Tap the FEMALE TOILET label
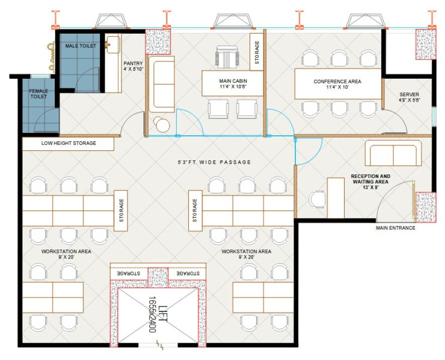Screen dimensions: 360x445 tap(39, 94)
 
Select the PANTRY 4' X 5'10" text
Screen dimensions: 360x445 tap(132, 66)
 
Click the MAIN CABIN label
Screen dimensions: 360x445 tap(232, 84)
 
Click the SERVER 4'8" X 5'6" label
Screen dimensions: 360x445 tap(410, 97)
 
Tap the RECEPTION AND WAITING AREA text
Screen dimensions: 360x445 tap(370, 182)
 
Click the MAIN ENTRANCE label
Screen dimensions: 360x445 tap(396, 228)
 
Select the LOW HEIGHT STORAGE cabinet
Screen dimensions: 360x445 tap(68, 144)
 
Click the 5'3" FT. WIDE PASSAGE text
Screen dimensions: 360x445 tap(214, 162)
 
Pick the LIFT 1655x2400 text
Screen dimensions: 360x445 tap(156, 316)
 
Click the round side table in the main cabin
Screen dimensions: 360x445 tap(162, 124)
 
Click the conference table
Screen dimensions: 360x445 tap(337, 84)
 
